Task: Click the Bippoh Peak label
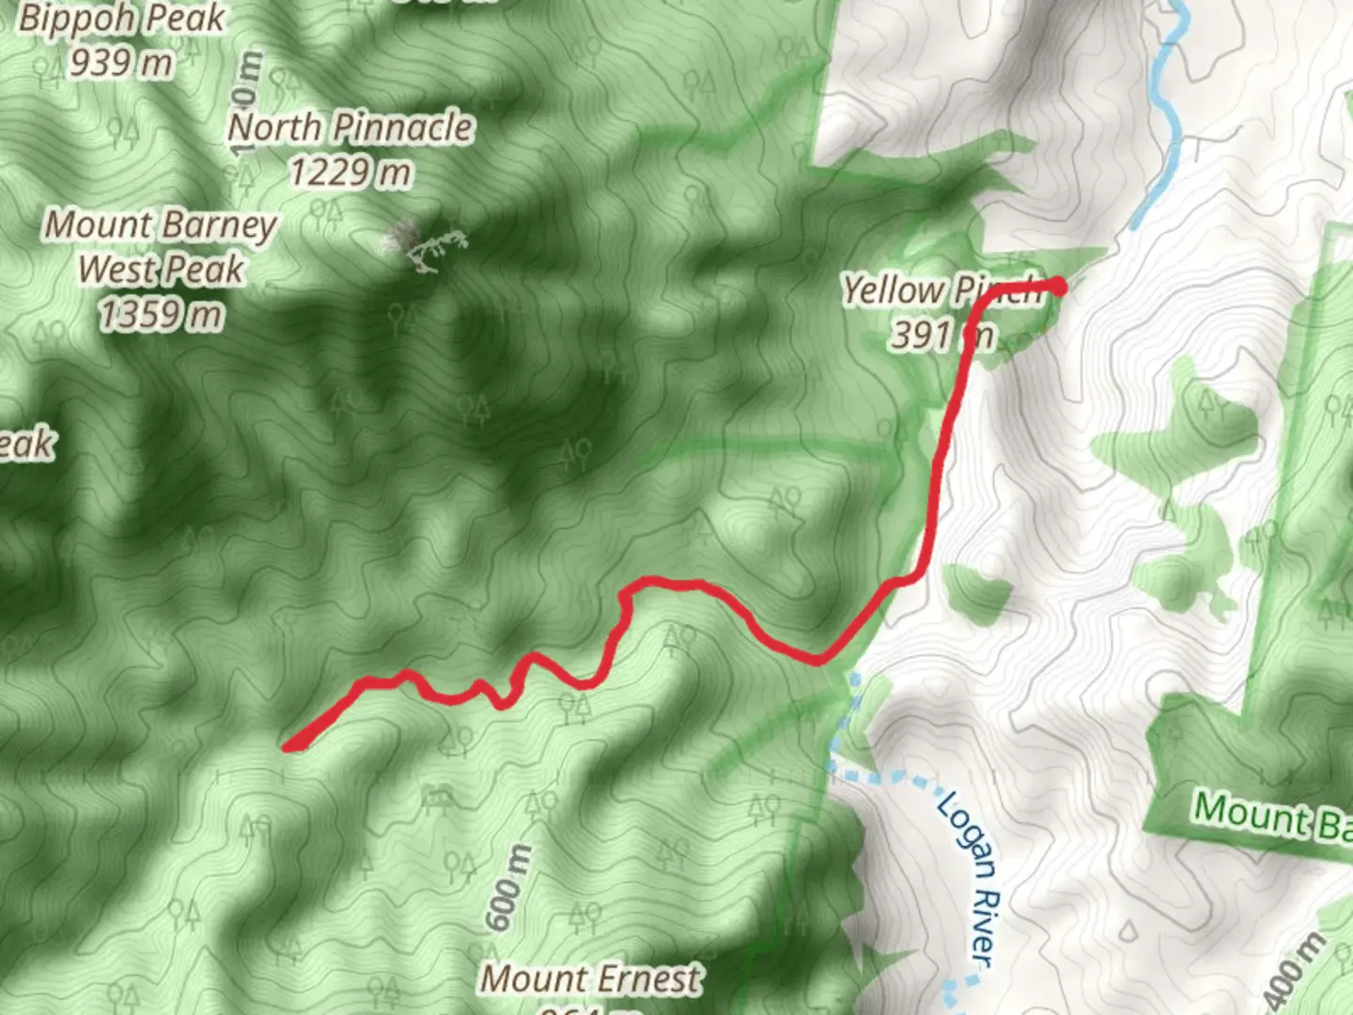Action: [x=122, y=19]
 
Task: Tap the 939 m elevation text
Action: [x=121, y=63]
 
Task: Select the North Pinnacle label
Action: [x=350, y=128]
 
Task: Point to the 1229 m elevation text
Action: [x=350, y=173]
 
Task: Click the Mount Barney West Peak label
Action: [x=161, y=246]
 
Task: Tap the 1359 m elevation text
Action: [x=161, y=315]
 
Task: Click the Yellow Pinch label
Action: [x=941, y=291]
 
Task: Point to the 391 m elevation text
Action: [x=941, y=335]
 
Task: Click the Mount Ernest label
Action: [x=591, y=979]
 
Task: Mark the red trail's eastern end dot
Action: [x=1058, y=286]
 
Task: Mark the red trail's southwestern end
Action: [x=289, y=747]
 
